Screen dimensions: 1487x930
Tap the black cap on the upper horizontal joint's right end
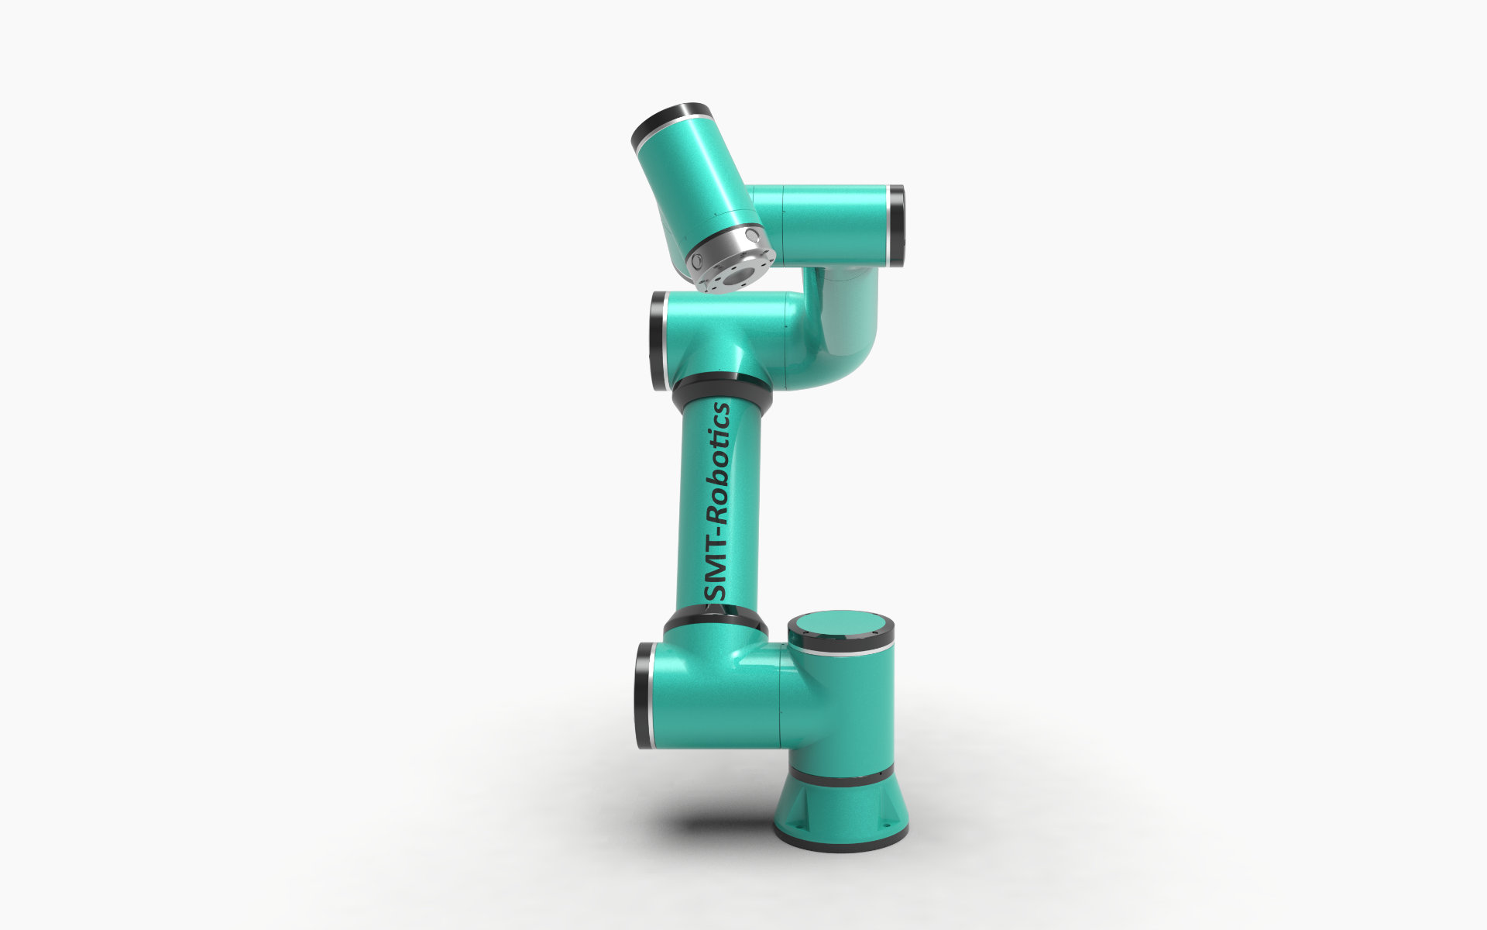[x=896, y=226]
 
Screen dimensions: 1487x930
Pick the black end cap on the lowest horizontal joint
[x=644, y=695]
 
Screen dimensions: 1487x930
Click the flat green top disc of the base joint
[x=840, y=625]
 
